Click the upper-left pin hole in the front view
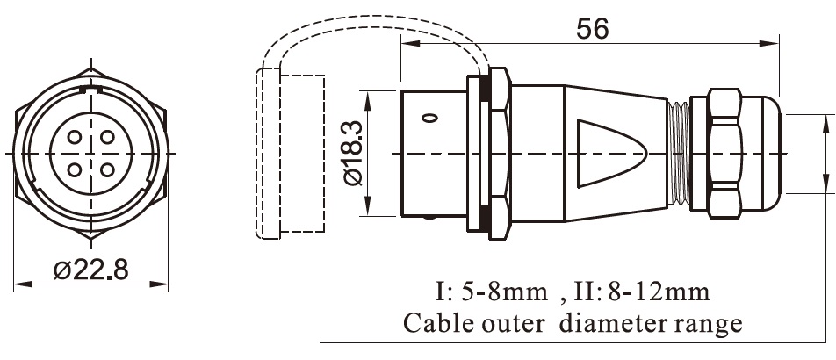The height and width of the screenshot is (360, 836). [75, 137]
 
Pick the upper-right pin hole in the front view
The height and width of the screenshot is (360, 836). [106, 137]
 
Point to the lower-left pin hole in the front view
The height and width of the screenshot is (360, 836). [75, 169]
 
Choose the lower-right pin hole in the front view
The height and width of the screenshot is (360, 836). [106, 169]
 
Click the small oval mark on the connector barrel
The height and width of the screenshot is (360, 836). [429, 118]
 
